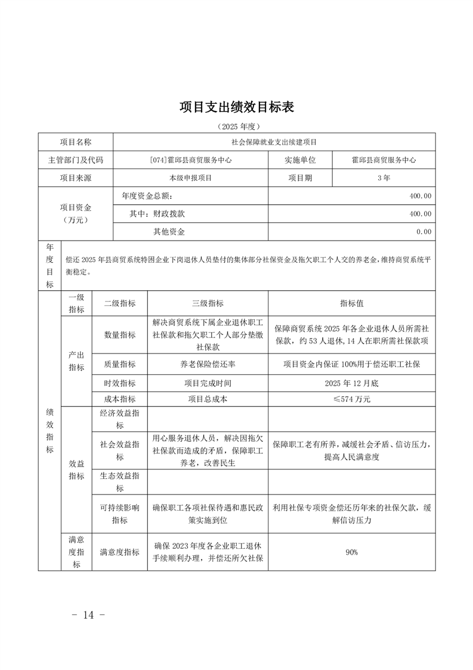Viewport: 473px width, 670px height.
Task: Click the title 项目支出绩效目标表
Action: pyautogui.click(x=237, y=107)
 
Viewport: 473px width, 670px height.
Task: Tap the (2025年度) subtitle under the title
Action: pyautogui.click(x=237, y=127)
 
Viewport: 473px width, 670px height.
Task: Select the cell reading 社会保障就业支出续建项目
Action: pyautogui.click(x=274, y=143)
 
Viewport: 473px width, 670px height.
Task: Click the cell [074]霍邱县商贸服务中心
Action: pyautogui.click(x=191, y=160)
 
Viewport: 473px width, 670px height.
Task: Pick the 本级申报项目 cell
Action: pyautogui.click(x=191, y=177)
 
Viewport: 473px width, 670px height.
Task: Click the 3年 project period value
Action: pyautogui.click(x=384, y=177)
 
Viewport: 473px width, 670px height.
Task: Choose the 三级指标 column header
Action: pyautogui.click(x=208, y=303)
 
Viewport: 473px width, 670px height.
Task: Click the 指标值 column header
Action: pyautogui.click(x=351, y=303)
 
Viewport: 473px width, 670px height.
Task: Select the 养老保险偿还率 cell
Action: pyautogui.click(x=208, y=364)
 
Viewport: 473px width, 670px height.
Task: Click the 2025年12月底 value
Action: pyautogui.click(x=351, y=383)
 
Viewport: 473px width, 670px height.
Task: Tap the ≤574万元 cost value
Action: pyautogui.click(x=351, y=399)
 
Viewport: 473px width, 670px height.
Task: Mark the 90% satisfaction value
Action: pyautogui.click(x=351, y=552)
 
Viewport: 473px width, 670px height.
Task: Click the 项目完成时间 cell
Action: pyautogui.click(x=208, y=383)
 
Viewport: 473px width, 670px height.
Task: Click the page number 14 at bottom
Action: pyautogui.click(x=89, y=614)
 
